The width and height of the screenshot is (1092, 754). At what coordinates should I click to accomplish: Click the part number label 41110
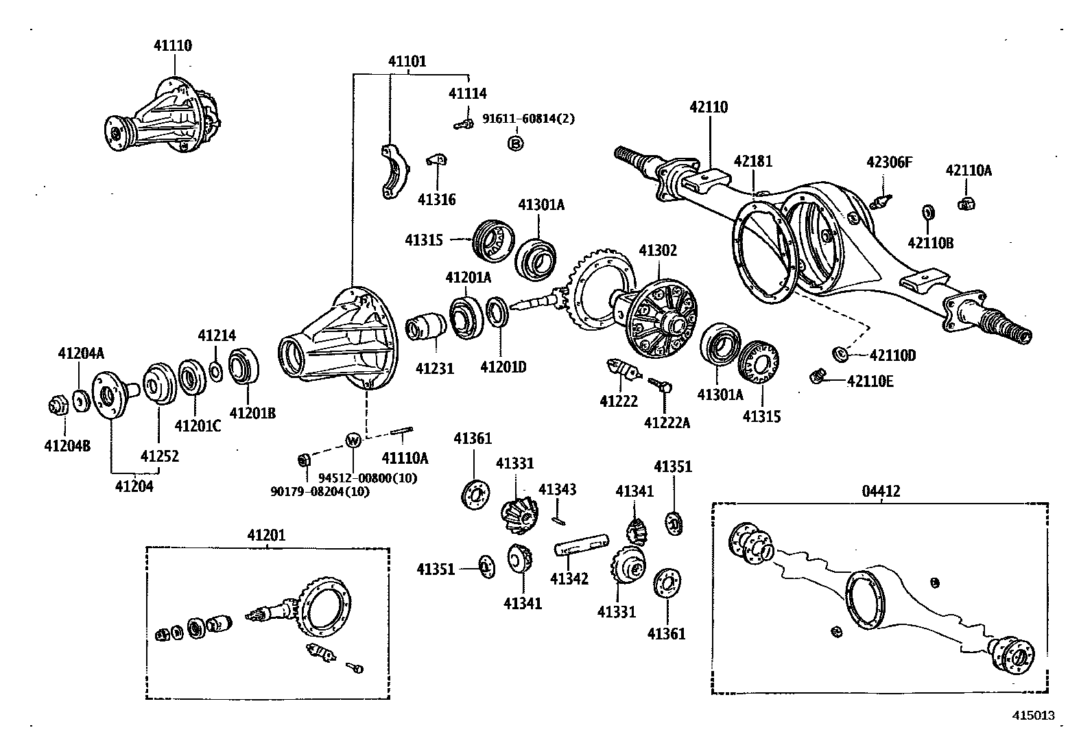coord(172,46)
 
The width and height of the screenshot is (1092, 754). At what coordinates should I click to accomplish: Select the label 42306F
coord(889,162)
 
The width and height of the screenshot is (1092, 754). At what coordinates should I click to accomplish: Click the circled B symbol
coord(515,143)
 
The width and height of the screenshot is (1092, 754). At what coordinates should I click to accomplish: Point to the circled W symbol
coord(353,440)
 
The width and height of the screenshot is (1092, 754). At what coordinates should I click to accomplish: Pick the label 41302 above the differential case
coord(658,250)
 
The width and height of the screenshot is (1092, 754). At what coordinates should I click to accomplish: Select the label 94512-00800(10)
coord(367,478)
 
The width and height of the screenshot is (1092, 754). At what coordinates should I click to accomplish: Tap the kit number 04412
coord(881,491)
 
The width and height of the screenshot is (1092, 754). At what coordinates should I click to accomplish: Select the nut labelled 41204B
coord(58,405)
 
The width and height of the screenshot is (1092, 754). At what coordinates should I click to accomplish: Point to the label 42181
coord(752,161)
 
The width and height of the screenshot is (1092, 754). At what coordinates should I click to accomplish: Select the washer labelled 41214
coord(215,371)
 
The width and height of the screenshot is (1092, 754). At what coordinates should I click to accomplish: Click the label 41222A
coord(667,423)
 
